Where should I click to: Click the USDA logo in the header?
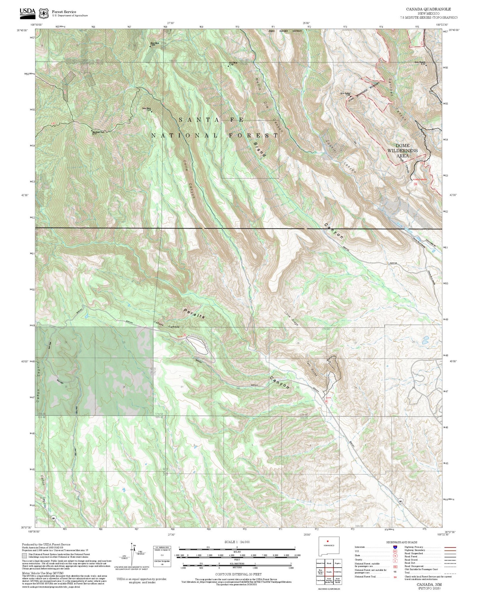pyautogui.click(x=27, y=12)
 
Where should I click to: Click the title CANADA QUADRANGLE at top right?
pyautogui.click(x=428, y=9)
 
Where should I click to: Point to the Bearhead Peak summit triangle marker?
pyautogui.click(x=92, y=131)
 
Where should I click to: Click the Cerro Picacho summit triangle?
pyautogui.click(x=426, y=65)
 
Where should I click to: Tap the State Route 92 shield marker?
pyautogui.click(x=400, y=501)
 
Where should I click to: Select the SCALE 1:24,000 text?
pyautogui.click(x=237, y=542)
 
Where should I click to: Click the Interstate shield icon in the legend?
pyautogui.click(x=395, y=547)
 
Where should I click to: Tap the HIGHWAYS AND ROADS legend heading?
pyautogui.click(x=402, y=542)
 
